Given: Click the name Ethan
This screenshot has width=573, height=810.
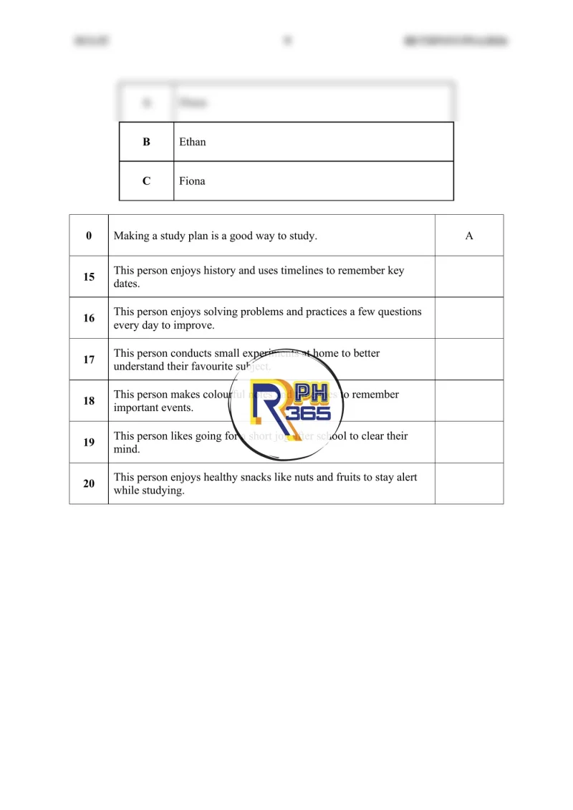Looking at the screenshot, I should tap(192, 142).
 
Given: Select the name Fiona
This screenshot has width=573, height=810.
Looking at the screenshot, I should tap(192, 181).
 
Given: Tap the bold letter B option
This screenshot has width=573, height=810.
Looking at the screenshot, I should tap(146, 142).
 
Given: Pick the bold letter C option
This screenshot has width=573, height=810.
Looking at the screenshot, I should tap(146, 181).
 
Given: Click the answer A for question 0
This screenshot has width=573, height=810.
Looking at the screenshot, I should tap(469, 236).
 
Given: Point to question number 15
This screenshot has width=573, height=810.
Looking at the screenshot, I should tap(89, 276).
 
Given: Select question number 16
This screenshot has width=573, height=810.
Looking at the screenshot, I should tap(89, 318).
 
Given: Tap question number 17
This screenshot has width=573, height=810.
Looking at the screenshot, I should tap(89, 360).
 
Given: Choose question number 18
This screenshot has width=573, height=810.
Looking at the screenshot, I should tap(89, 401).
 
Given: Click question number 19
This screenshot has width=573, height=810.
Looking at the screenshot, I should tap(89, 443).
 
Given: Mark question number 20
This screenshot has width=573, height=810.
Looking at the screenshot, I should tap(89, 483).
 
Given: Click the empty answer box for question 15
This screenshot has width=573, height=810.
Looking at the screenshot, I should tap(469, 276).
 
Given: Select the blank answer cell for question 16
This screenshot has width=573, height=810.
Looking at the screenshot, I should tap(469, 318).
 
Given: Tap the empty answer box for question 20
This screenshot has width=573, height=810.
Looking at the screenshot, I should tap(469, 483).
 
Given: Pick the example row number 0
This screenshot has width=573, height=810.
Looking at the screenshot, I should tap(89, 236).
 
